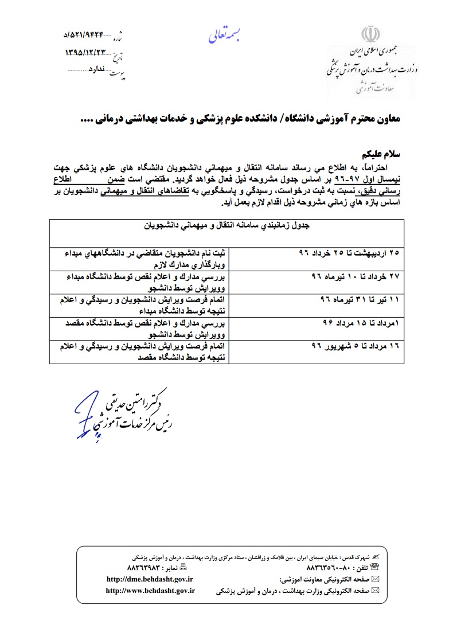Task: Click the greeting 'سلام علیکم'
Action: point(380,155)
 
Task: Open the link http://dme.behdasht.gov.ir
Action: point(150,580)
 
